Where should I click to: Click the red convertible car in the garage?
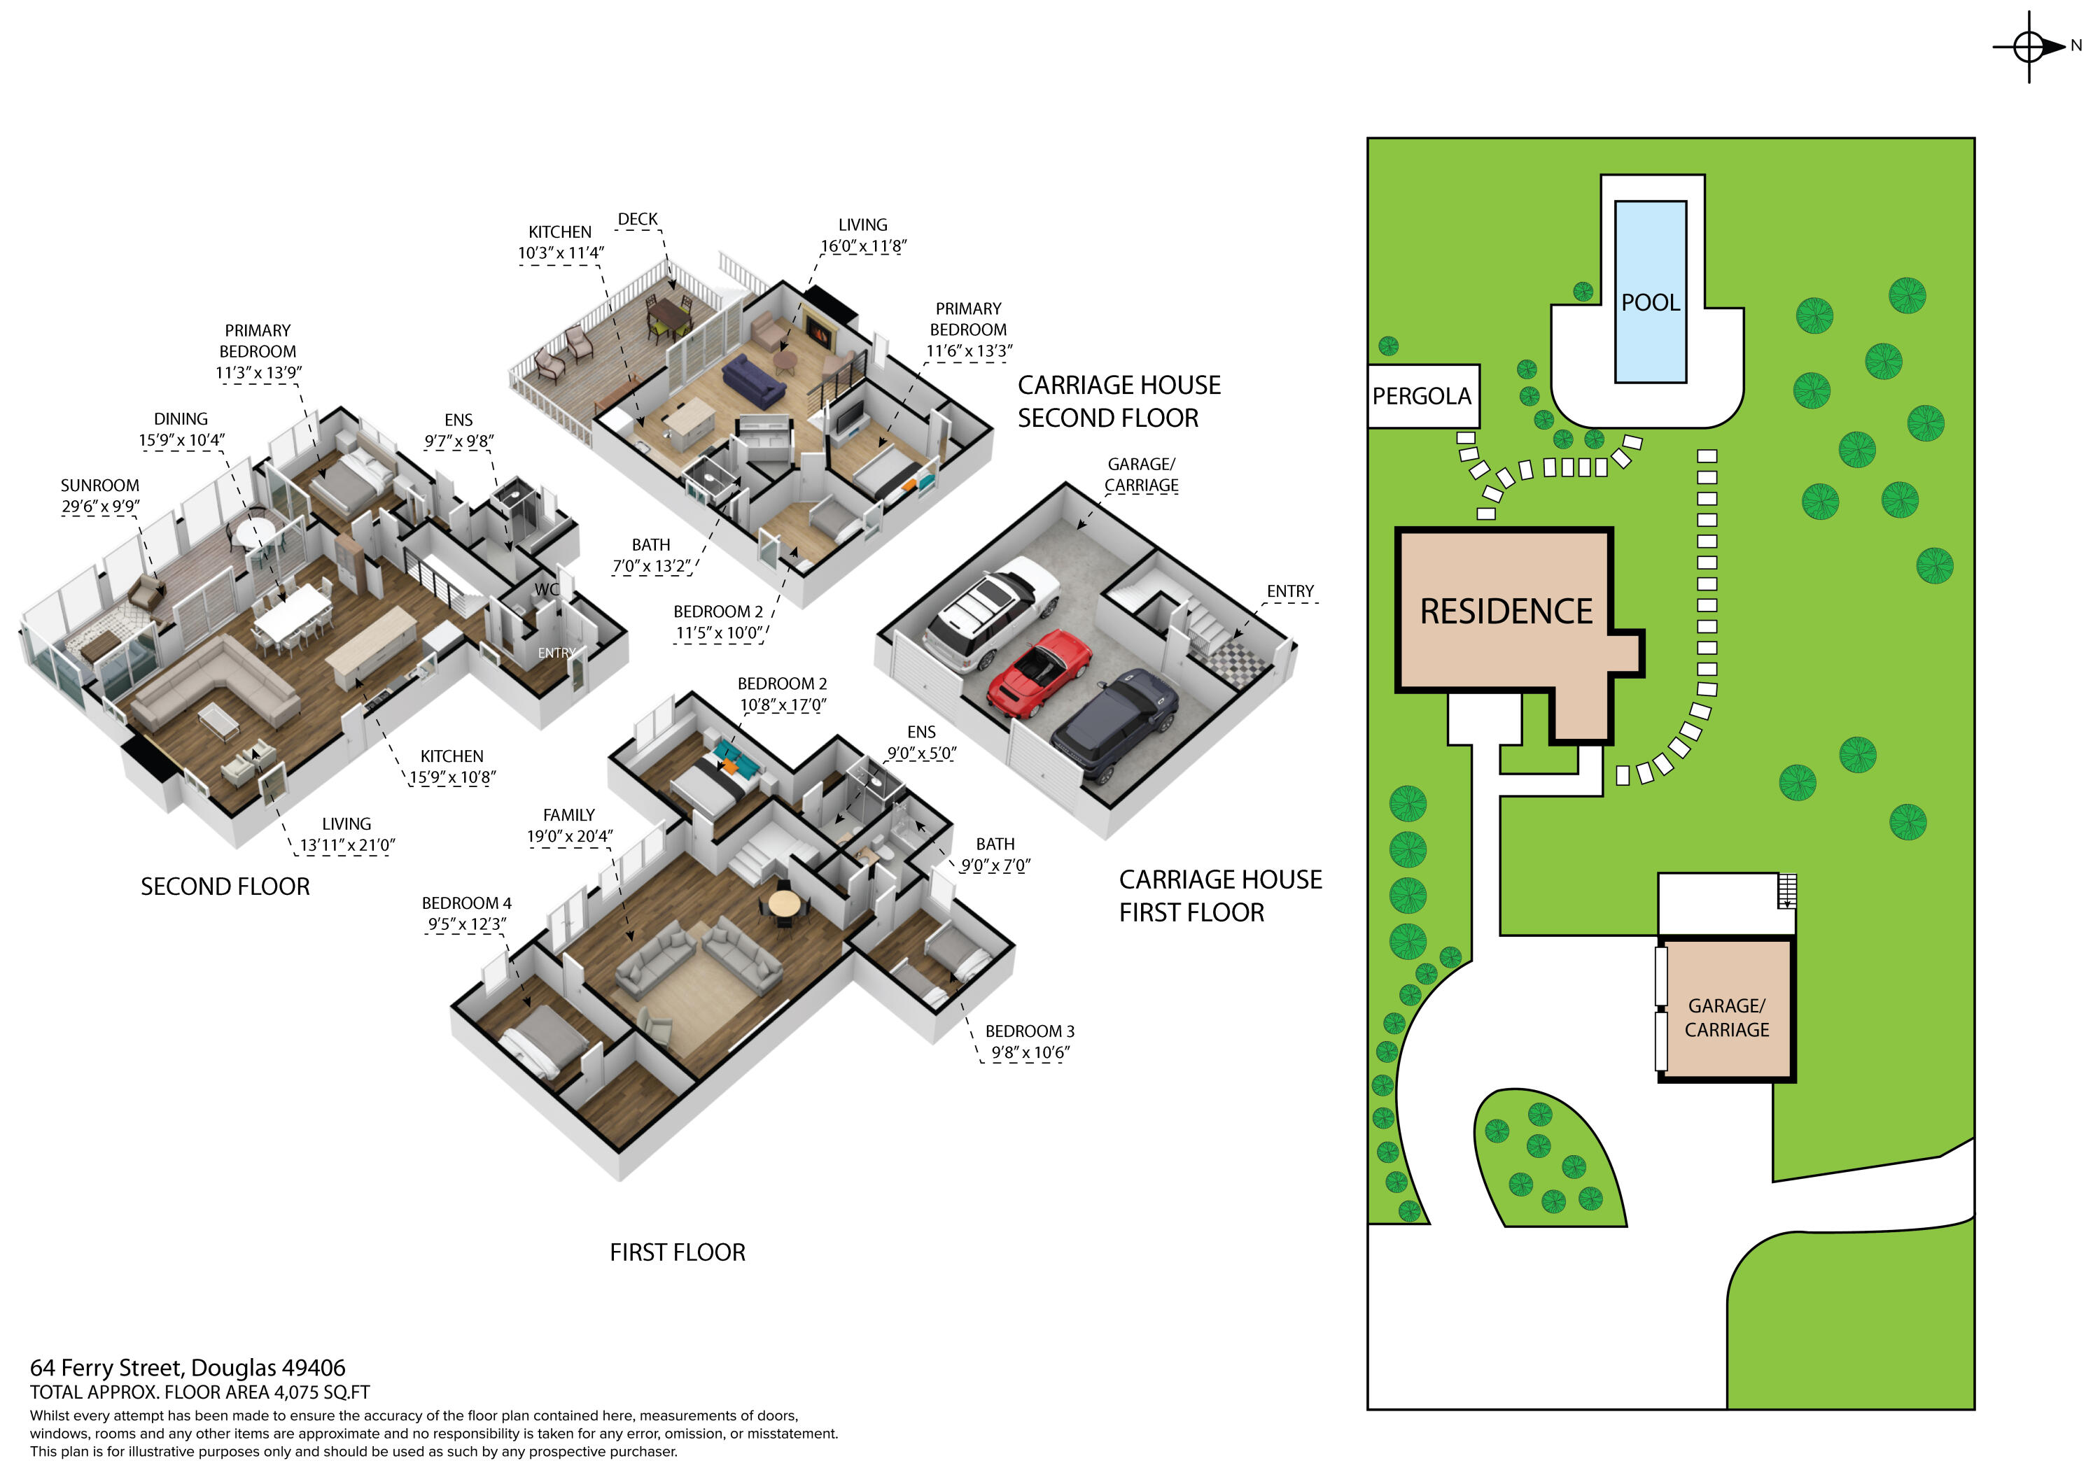[1040, 672]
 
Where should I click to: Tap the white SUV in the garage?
[991, 608]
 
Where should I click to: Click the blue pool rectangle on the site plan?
[1650, 291]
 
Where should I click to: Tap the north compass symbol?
[2029, 45]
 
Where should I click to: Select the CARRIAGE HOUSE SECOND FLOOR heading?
[1118, 400]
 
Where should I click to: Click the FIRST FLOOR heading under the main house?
[677, 1252]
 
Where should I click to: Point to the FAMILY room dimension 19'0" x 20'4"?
[569, 835]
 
